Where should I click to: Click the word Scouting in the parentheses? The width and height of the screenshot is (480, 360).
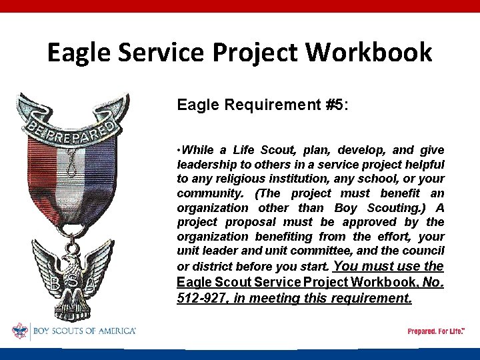[393, 207]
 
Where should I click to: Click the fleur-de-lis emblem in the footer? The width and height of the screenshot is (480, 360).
[19, 331]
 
